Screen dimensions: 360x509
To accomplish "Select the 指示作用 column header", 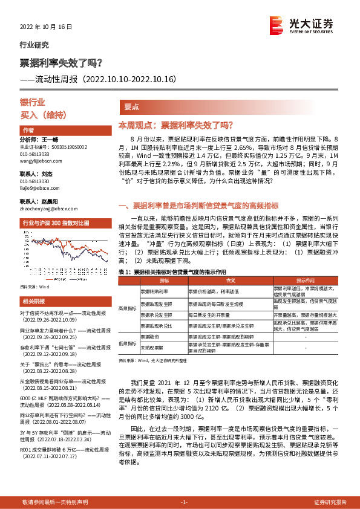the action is coord(305,280).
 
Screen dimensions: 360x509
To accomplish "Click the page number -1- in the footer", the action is coord(185,502).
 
